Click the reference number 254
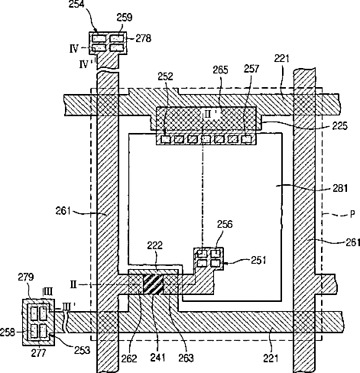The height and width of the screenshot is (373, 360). click(x=76, y=5)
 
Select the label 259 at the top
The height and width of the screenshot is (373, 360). click(x=125, y=18)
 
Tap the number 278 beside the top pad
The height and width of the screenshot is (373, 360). click(x=143, y=38)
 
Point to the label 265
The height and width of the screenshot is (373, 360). click(x=221, y=70)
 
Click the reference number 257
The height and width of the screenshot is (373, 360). click(x=251, y=69)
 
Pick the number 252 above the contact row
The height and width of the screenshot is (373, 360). click(x=165, y=76)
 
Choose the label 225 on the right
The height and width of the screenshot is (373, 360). click(x=340, y=125)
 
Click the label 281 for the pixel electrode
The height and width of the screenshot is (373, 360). click(x=340, y=188)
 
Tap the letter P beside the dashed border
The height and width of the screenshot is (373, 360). click(x=352, y=214)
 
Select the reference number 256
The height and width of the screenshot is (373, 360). click(x=225, y=224)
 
